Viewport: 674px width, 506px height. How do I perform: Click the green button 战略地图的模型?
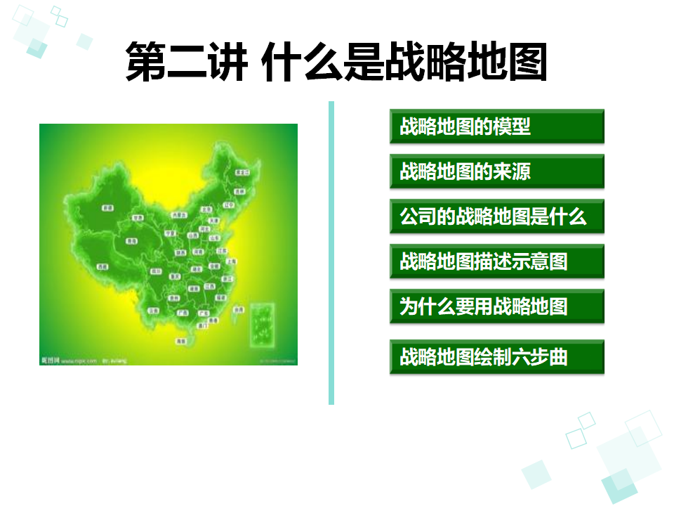(x=496, y=126)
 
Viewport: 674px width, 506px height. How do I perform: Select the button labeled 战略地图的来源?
(x=496, y=171)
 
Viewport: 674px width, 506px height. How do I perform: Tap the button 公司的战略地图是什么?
(x=496, y=216)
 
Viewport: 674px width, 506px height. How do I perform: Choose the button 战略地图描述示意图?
(x=496, y=261)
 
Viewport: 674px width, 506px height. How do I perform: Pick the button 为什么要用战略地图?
(x=496, y=306)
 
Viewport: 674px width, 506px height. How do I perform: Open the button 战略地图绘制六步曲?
(x=496, y=357)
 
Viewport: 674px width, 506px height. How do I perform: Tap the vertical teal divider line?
(x=331, y=253)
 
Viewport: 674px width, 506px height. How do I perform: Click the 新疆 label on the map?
(x=107, y=208)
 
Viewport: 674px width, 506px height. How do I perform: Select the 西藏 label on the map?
(x=103, y=267)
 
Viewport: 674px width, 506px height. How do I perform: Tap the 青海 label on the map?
(x=131, y=241)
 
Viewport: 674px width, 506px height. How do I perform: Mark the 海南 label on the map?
(x=182, y=341)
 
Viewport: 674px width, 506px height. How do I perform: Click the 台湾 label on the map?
(x=239, y=309)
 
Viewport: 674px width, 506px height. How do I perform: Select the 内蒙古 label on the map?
(x=180, y=214)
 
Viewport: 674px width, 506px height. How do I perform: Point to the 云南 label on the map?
(x=152, y=310)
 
